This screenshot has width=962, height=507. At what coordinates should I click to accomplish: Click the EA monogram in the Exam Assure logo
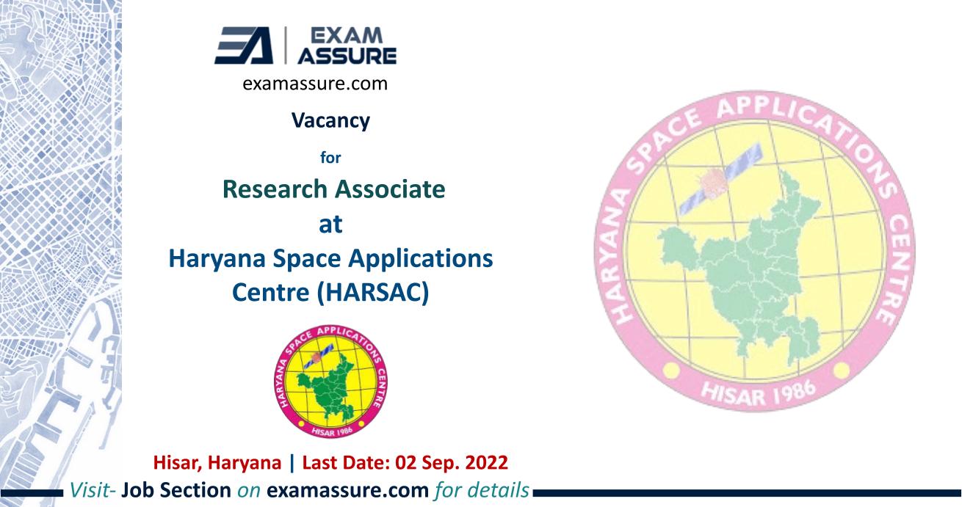(244, 45)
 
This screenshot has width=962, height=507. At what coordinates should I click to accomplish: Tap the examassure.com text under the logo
(315, 83)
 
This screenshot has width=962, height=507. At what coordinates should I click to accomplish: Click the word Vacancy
(330, 120)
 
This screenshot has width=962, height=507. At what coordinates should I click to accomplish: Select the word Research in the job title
(275, 189)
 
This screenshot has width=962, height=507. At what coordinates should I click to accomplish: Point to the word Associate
(390, 189)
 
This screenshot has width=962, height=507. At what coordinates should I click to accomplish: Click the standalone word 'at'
(330, 225)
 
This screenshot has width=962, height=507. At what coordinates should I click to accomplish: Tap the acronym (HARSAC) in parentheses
(373, 293)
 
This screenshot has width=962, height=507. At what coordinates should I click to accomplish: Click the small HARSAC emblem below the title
(330, 382)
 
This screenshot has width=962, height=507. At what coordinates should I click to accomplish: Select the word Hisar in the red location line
(175, 463)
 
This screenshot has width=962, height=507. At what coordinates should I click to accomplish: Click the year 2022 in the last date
(486, 462)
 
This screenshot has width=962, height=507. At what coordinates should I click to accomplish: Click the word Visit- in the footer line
(93, 490)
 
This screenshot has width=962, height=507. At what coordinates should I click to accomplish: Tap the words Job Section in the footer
(176, 490)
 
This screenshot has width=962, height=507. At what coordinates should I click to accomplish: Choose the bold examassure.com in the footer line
(348, 490)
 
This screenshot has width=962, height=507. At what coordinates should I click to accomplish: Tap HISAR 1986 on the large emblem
(758, 393)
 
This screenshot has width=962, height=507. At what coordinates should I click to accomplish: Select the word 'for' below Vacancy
(330, 158)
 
